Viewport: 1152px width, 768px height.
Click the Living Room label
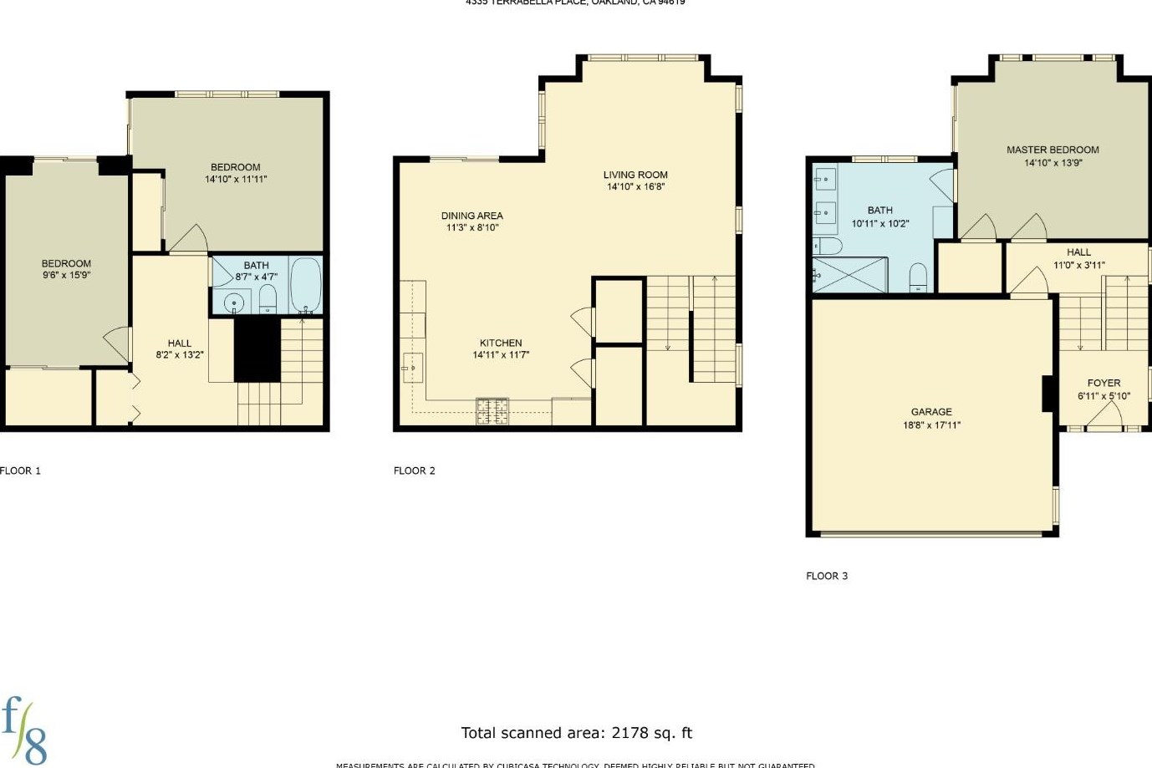click(635, 175)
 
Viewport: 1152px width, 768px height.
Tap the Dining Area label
click(472, 216)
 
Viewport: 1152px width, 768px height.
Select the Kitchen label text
click(501, 343)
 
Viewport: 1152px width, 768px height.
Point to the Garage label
click(931, 412)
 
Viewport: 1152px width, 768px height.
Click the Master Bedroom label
click(1053, 150)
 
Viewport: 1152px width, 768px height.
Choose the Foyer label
click(1104, 384)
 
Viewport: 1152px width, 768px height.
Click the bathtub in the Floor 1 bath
click(305, 284)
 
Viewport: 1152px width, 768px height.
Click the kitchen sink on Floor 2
click(412, 366)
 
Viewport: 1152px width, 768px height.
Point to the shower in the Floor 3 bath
click(849, 275)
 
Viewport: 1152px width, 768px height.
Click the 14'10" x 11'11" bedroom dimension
click(236, 179)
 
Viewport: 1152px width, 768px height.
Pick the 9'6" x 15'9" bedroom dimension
click(66, 275)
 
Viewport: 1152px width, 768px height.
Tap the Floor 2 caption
click(415, 470)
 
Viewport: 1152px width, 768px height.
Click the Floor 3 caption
click(827, 576)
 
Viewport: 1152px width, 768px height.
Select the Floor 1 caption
click(21, 470)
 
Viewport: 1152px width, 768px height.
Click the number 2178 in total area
click(630, 733)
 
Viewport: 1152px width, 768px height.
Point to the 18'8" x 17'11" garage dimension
click(931, 425)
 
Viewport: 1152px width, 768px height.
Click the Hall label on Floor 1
click(179, 343)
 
